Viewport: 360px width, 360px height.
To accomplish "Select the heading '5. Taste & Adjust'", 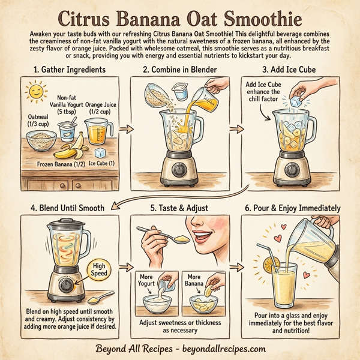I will point(179,208).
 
